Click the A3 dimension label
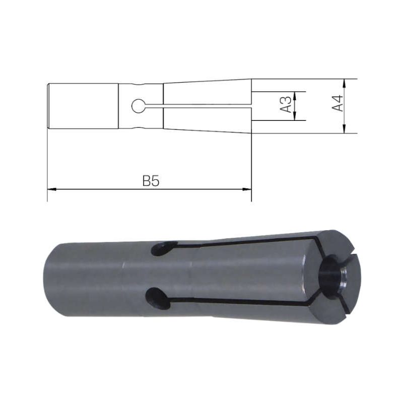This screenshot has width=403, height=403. click(x=286, y=105)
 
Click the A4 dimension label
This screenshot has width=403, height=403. click(x=338, y=103)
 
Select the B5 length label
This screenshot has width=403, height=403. click(x=151, y=181)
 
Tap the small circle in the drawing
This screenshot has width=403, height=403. click(x=139, y=106)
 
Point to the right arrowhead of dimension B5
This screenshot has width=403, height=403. click(x=247, y=189)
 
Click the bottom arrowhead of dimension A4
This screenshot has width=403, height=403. click(x=345, y=129)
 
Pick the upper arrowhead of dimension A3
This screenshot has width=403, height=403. click(x=295, y=96)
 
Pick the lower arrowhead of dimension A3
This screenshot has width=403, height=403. click(x=295, y=116)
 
